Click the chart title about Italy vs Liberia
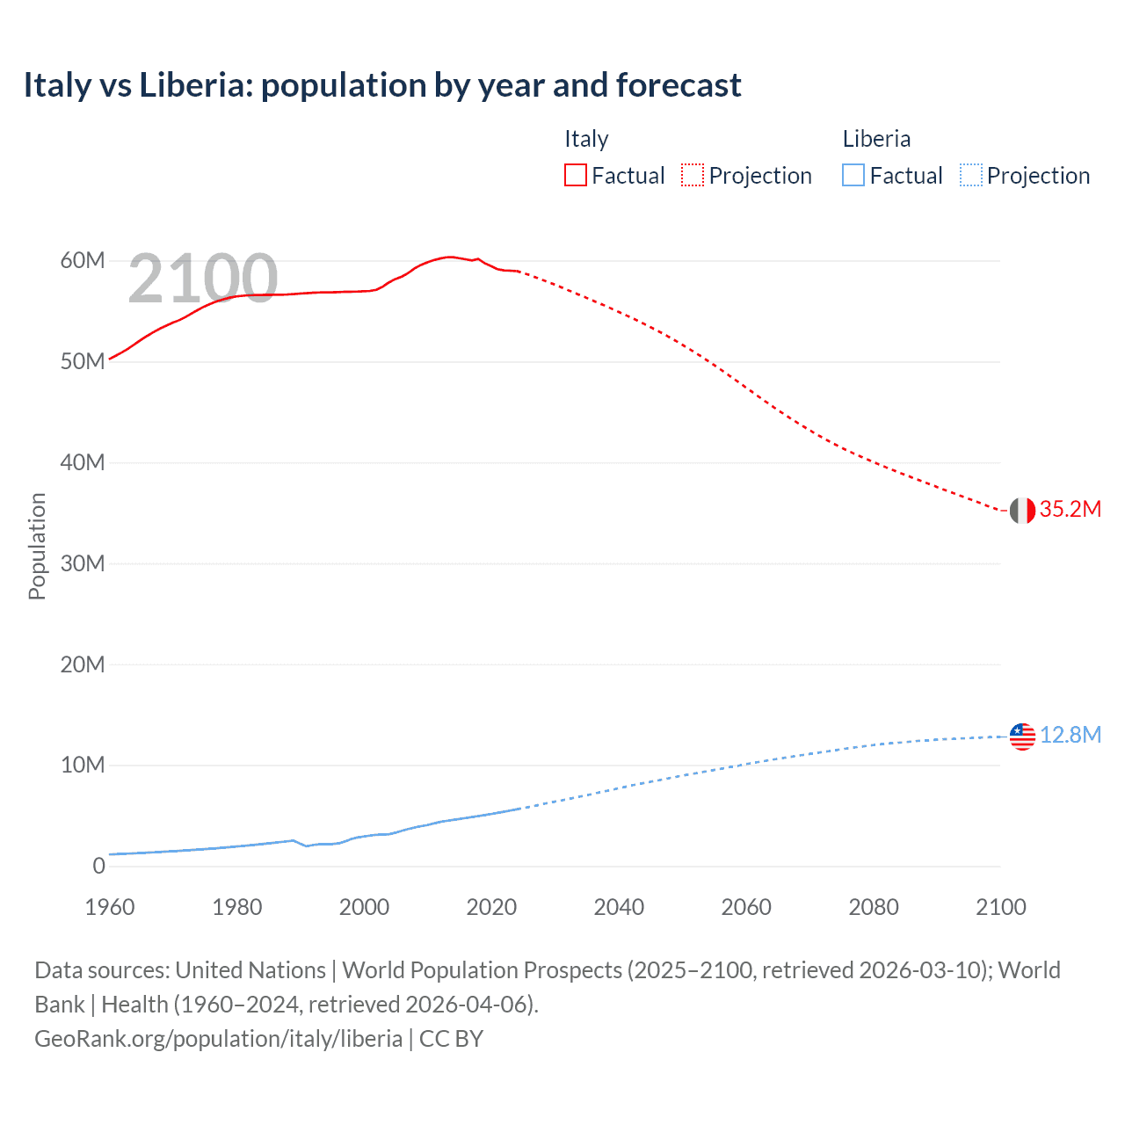[382, 85]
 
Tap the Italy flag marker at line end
[1022, 510]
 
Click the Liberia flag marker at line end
[1022, 737]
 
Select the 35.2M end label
[1070, 510]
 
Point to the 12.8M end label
[1070, 736]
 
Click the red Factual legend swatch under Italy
[575, 176]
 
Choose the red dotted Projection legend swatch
[693, 176]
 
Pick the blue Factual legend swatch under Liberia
[853, 176]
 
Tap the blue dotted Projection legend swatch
[970, 176]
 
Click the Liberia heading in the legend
[876, 139]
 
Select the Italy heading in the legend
[586, 139]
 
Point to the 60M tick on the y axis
[83, 261]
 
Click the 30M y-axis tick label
[83, 563]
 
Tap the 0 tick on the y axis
[98, 866]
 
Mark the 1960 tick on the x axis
[110, 907]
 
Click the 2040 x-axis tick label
[619, 907]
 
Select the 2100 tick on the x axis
[1000, 907]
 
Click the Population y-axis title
[37, 546]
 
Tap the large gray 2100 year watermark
[203, 279]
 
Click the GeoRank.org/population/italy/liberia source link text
[218, 1039]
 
